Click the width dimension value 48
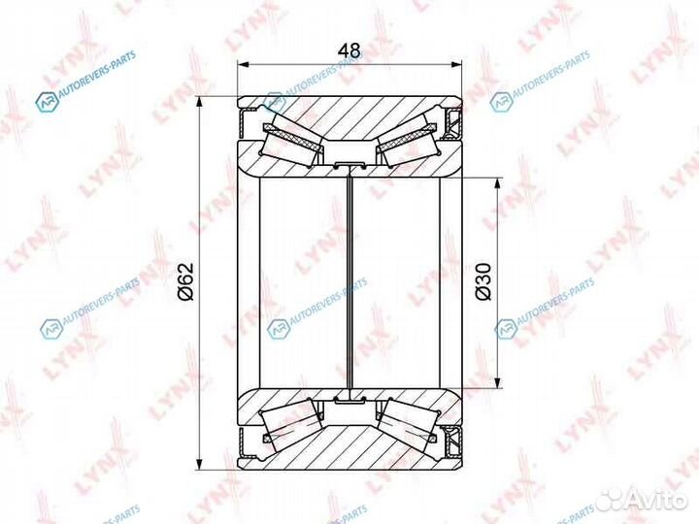pyautogui.click(x=349, y=50)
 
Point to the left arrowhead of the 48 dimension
pyautogui.click(x=242, y=65)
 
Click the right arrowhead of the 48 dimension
pyautogui.click(x=455, y=65)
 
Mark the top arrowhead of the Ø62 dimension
pyautogui.click(x=199, y=102)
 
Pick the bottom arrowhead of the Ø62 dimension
pyautogui.click(x=199, y=463)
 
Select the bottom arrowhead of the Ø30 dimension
pyautogui.click(x=497, y=382)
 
